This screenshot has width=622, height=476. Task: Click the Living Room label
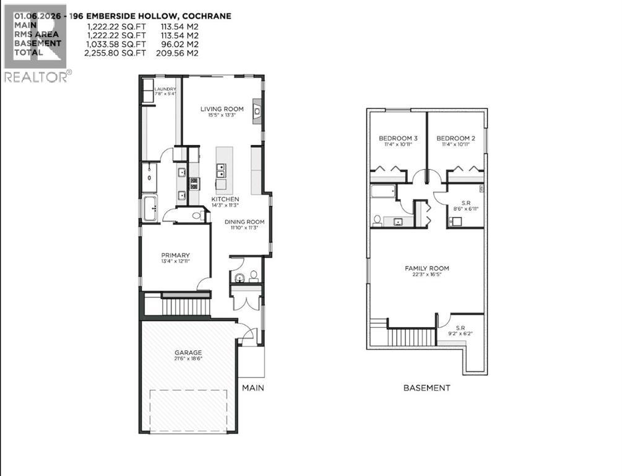pos(222,109)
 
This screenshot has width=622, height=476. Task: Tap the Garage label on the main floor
pos(187,353)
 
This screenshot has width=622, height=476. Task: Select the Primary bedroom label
pos(175,255)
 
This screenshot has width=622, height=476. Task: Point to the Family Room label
pos(426,268)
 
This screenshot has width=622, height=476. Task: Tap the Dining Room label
pos(244,222)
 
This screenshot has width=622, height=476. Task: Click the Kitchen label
pos(225,199)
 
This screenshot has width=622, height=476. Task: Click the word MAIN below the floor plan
pos(253,388)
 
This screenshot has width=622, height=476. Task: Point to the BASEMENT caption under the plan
pos(426,388)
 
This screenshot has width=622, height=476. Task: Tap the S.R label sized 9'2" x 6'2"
pos(460,328)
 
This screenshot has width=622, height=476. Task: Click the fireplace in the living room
pos(257,112)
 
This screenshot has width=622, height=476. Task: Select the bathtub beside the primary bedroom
pos(150,209)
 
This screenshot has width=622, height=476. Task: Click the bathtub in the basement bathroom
pos(383,192)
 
